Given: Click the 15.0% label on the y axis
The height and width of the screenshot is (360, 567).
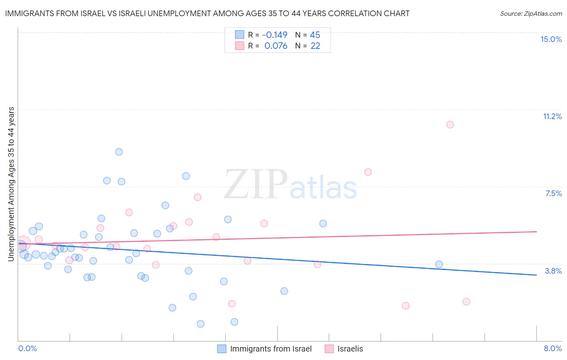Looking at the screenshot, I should click(x=551, y=39).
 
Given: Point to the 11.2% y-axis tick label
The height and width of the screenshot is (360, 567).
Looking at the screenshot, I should click(x=552, y=116).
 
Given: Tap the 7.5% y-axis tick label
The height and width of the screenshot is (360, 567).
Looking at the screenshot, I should click(x=553, y=193).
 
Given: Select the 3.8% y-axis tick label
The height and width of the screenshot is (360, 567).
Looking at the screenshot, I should click(x=553, y=271).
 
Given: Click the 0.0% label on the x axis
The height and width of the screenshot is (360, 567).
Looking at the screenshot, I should click(x=27, y=348).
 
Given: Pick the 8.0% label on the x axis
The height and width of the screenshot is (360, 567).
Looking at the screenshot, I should click(x=552, y=348).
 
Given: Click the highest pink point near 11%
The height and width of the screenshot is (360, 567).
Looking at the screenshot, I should click(x=450, y=124).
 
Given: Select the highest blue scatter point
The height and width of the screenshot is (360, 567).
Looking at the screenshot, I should click(x=119, y=152).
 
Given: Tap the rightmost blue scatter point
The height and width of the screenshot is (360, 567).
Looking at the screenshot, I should click(x=439, y=264).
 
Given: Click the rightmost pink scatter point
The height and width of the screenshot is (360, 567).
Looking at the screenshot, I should click(x=466, y=301).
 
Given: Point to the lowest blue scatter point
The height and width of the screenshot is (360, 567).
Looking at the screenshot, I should click(x=200, y=324).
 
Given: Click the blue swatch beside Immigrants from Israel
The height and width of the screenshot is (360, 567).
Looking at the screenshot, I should click(x=222, y=349).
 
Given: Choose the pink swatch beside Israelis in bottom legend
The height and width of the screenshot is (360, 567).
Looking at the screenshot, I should click(x=329, y=349).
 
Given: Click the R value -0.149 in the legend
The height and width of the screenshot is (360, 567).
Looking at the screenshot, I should click(x=275, y=35).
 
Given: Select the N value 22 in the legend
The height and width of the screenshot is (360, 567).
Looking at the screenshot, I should click(x=315, y=46).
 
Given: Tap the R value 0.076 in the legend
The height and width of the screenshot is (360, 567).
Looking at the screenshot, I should click(x=276, y=46).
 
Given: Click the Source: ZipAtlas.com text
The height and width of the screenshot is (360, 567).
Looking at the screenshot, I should click(x=531, y=13).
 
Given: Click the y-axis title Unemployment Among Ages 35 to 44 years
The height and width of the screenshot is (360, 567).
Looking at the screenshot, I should click(x=11, y=184).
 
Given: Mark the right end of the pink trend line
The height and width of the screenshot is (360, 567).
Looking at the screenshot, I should click(x=536, y=232).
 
